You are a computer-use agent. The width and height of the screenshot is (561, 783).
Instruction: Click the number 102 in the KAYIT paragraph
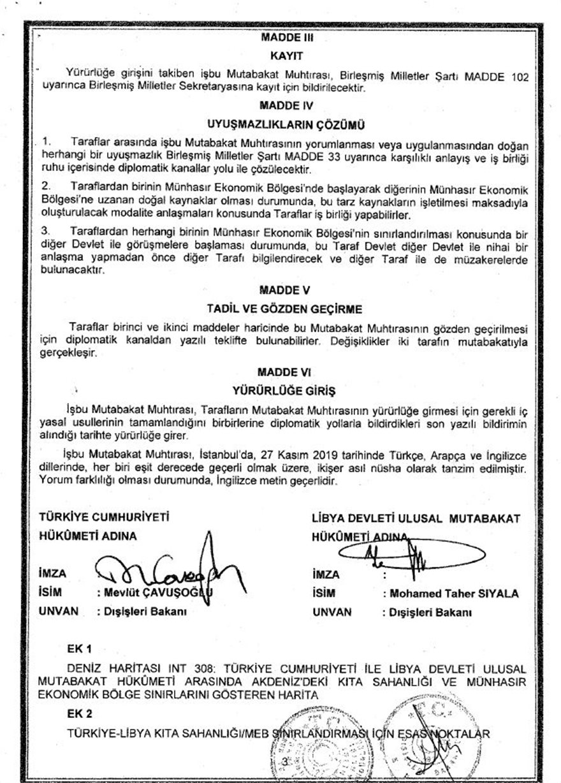518,77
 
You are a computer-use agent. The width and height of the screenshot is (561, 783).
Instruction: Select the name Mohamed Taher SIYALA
450,594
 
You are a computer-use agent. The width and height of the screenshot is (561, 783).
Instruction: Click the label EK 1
81,649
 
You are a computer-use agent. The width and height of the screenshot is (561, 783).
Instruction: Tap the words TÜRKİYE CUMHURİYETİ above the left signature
105,518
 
